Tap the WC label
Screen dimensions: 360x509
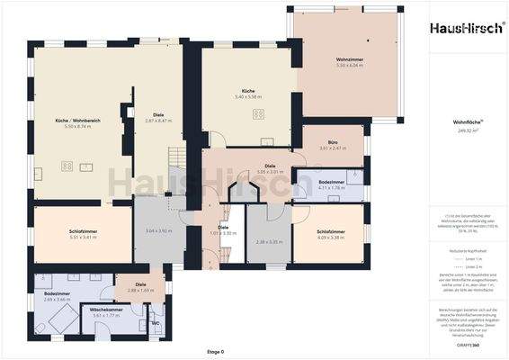(155, 322)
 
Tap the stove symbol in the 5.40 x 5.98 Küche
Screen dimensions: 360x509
(259, 113)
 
